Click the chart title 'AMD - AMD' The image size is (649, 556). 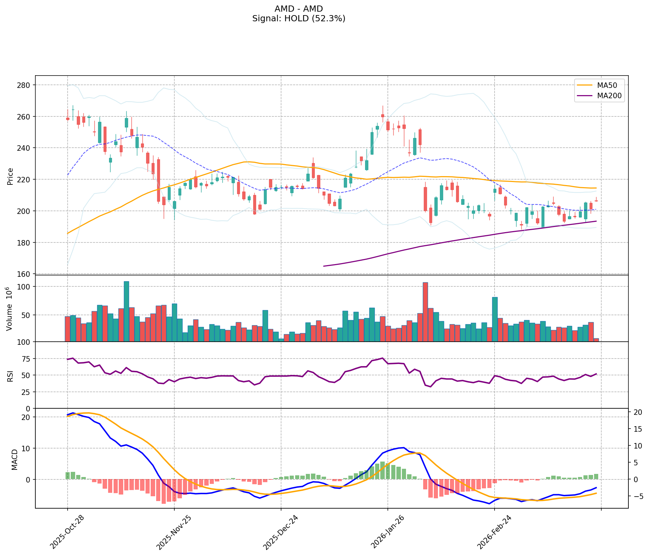pos(299,9)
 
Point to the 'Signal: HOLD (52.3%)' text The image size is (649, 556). pos(299,19)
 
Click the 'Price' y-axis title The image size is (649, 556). pos(10,176)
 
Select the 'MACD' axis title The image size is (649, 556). pos(14,459)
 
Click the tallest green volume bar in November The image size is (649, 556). pos(126,311)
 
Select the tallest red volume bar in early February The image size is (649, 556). pos(425,312)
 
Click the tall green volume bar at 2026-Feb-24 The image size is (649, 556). pos(495,319)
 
